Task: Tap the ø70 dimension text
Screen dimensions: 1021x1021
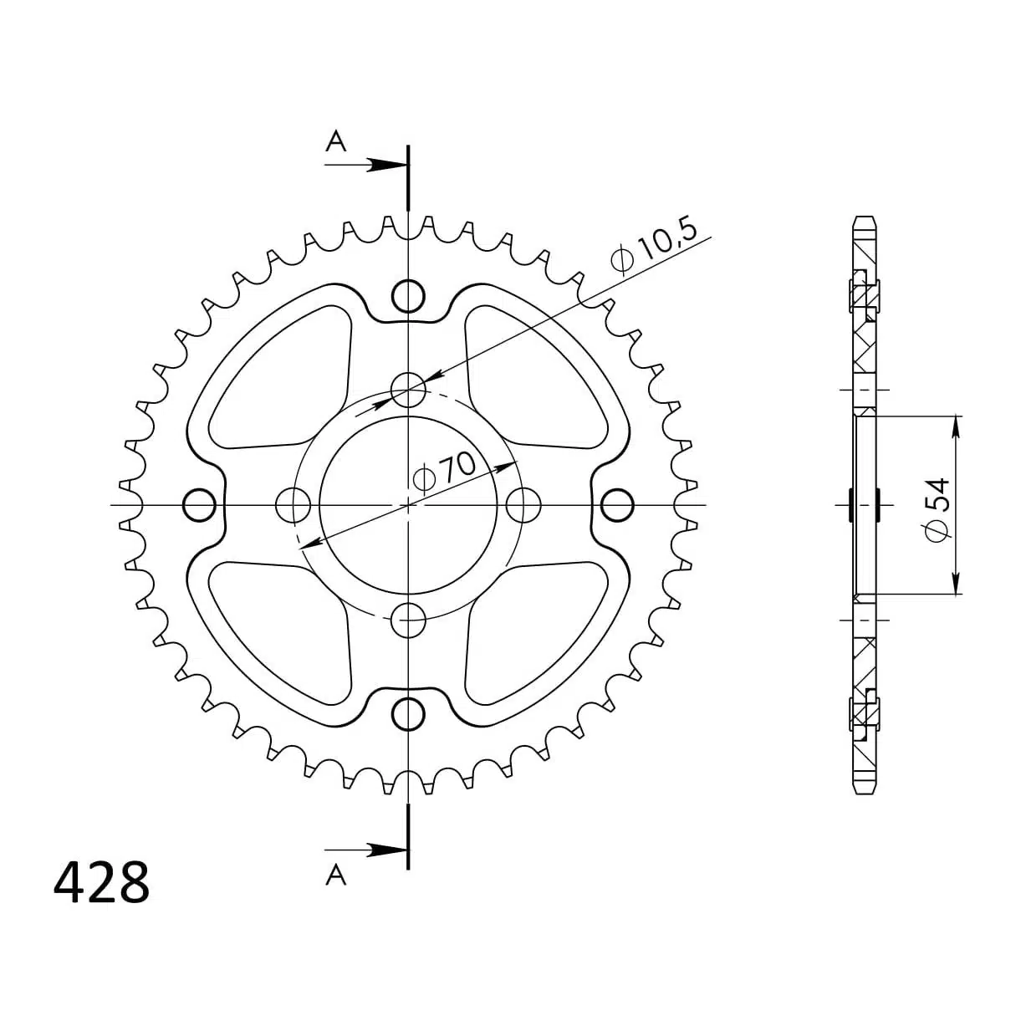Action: click(445, 472)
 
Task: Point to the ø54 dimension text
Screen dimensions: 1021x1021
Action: click(937, 508)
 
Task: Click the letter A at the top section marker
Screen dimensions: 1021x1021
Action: click(335, 142)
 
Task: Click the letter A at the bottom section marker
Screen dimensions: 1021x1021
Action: click(335, 875)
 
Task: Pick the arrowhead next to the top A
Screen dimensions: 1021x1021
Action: click(385, 165)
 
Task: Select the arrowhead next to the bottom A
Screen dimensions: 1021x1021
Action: click(385, 850)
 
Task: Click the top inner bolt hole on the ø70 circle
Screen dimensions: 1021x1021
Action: click(408, 389)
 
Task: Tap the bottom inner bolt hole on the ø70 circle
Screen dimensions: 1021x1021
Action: click(408, 620)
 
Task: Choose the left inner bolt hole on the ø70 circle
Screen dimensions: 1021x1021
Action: click(293, 504)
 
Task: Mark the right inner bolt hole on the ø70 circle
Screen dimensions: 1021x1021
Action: click(523, 504)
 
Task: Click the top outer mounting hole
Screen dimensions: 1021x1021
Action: click(408, 295)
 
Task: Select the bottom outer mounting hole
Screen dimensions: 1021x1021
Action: click(408, 713)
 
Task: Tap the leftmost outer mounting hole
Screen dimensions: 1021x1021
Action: click(199, 504)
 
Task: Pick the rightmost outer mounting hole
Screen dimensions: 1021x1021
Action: click(617, 504)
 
